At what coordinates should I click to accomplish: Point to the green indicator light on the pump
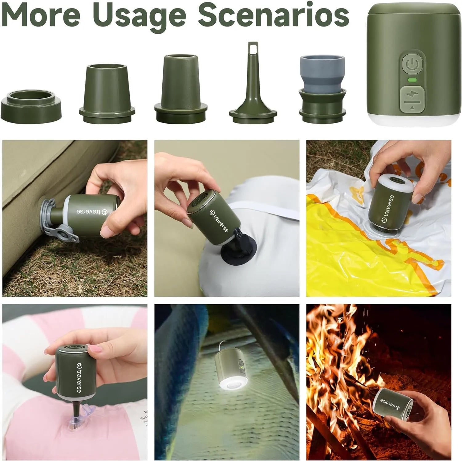coord(412,80)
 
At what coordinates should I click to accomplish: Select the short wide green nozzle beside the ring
coord(107,92)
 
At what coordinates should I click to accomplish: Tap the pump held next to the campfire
coord(393,404)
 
